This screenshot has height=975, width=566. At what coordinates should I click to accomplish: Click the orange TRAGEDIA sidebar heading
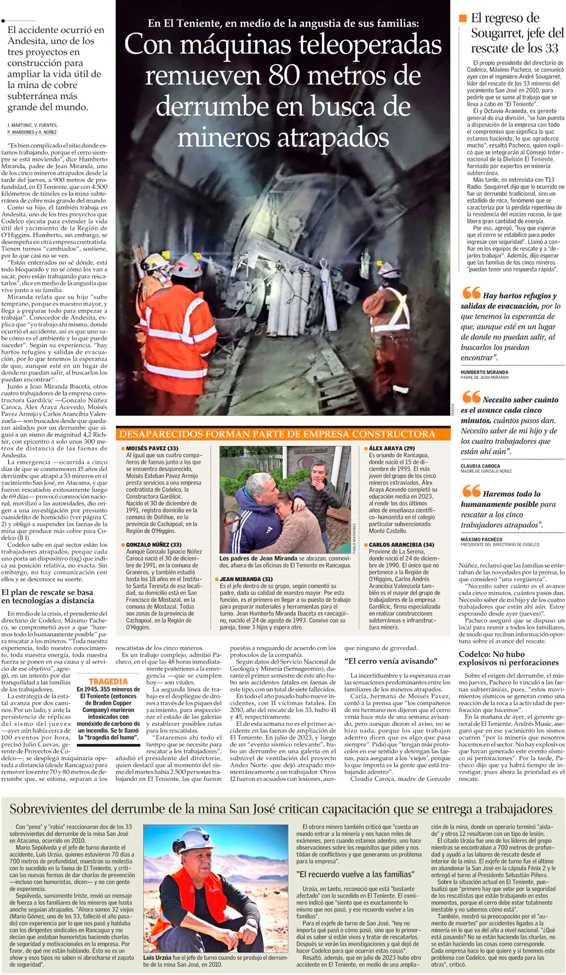point(108,681)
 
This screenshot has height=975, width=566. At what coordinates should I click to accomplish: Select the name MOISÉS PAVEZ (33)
point(152,448)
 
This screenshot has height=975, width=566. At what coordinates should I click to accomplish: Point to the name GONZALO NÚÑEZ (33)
point(153,544)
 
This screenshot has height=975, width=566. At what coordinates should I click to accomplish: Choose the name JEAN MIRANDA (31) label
point(246,579)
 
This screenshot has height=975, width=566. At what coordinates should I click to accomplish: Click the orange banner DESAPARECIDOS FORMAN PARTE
point(277,434)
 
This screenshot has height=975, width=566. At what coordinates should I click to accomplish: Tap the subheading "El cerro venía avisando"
point(391,660)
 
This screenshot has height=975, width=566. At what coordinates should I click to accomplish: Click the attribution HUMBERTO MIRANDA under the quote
point(484,372)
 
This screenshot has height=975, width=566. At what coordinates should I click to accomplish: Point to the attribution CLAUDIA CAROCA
point(481,466)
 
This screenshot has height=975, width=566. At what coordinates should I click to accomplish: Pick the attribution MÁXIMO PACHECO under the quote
point(482,539)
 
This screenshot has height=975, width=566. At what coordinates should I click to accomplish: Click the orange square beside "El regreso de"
point(463,18)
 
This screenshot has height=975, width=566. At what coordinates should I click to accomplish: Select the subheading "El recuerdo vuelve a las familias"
point(356,874)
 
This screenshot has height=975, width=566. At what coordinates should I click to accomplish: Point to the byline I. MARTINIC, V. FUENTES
point(32,125)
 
